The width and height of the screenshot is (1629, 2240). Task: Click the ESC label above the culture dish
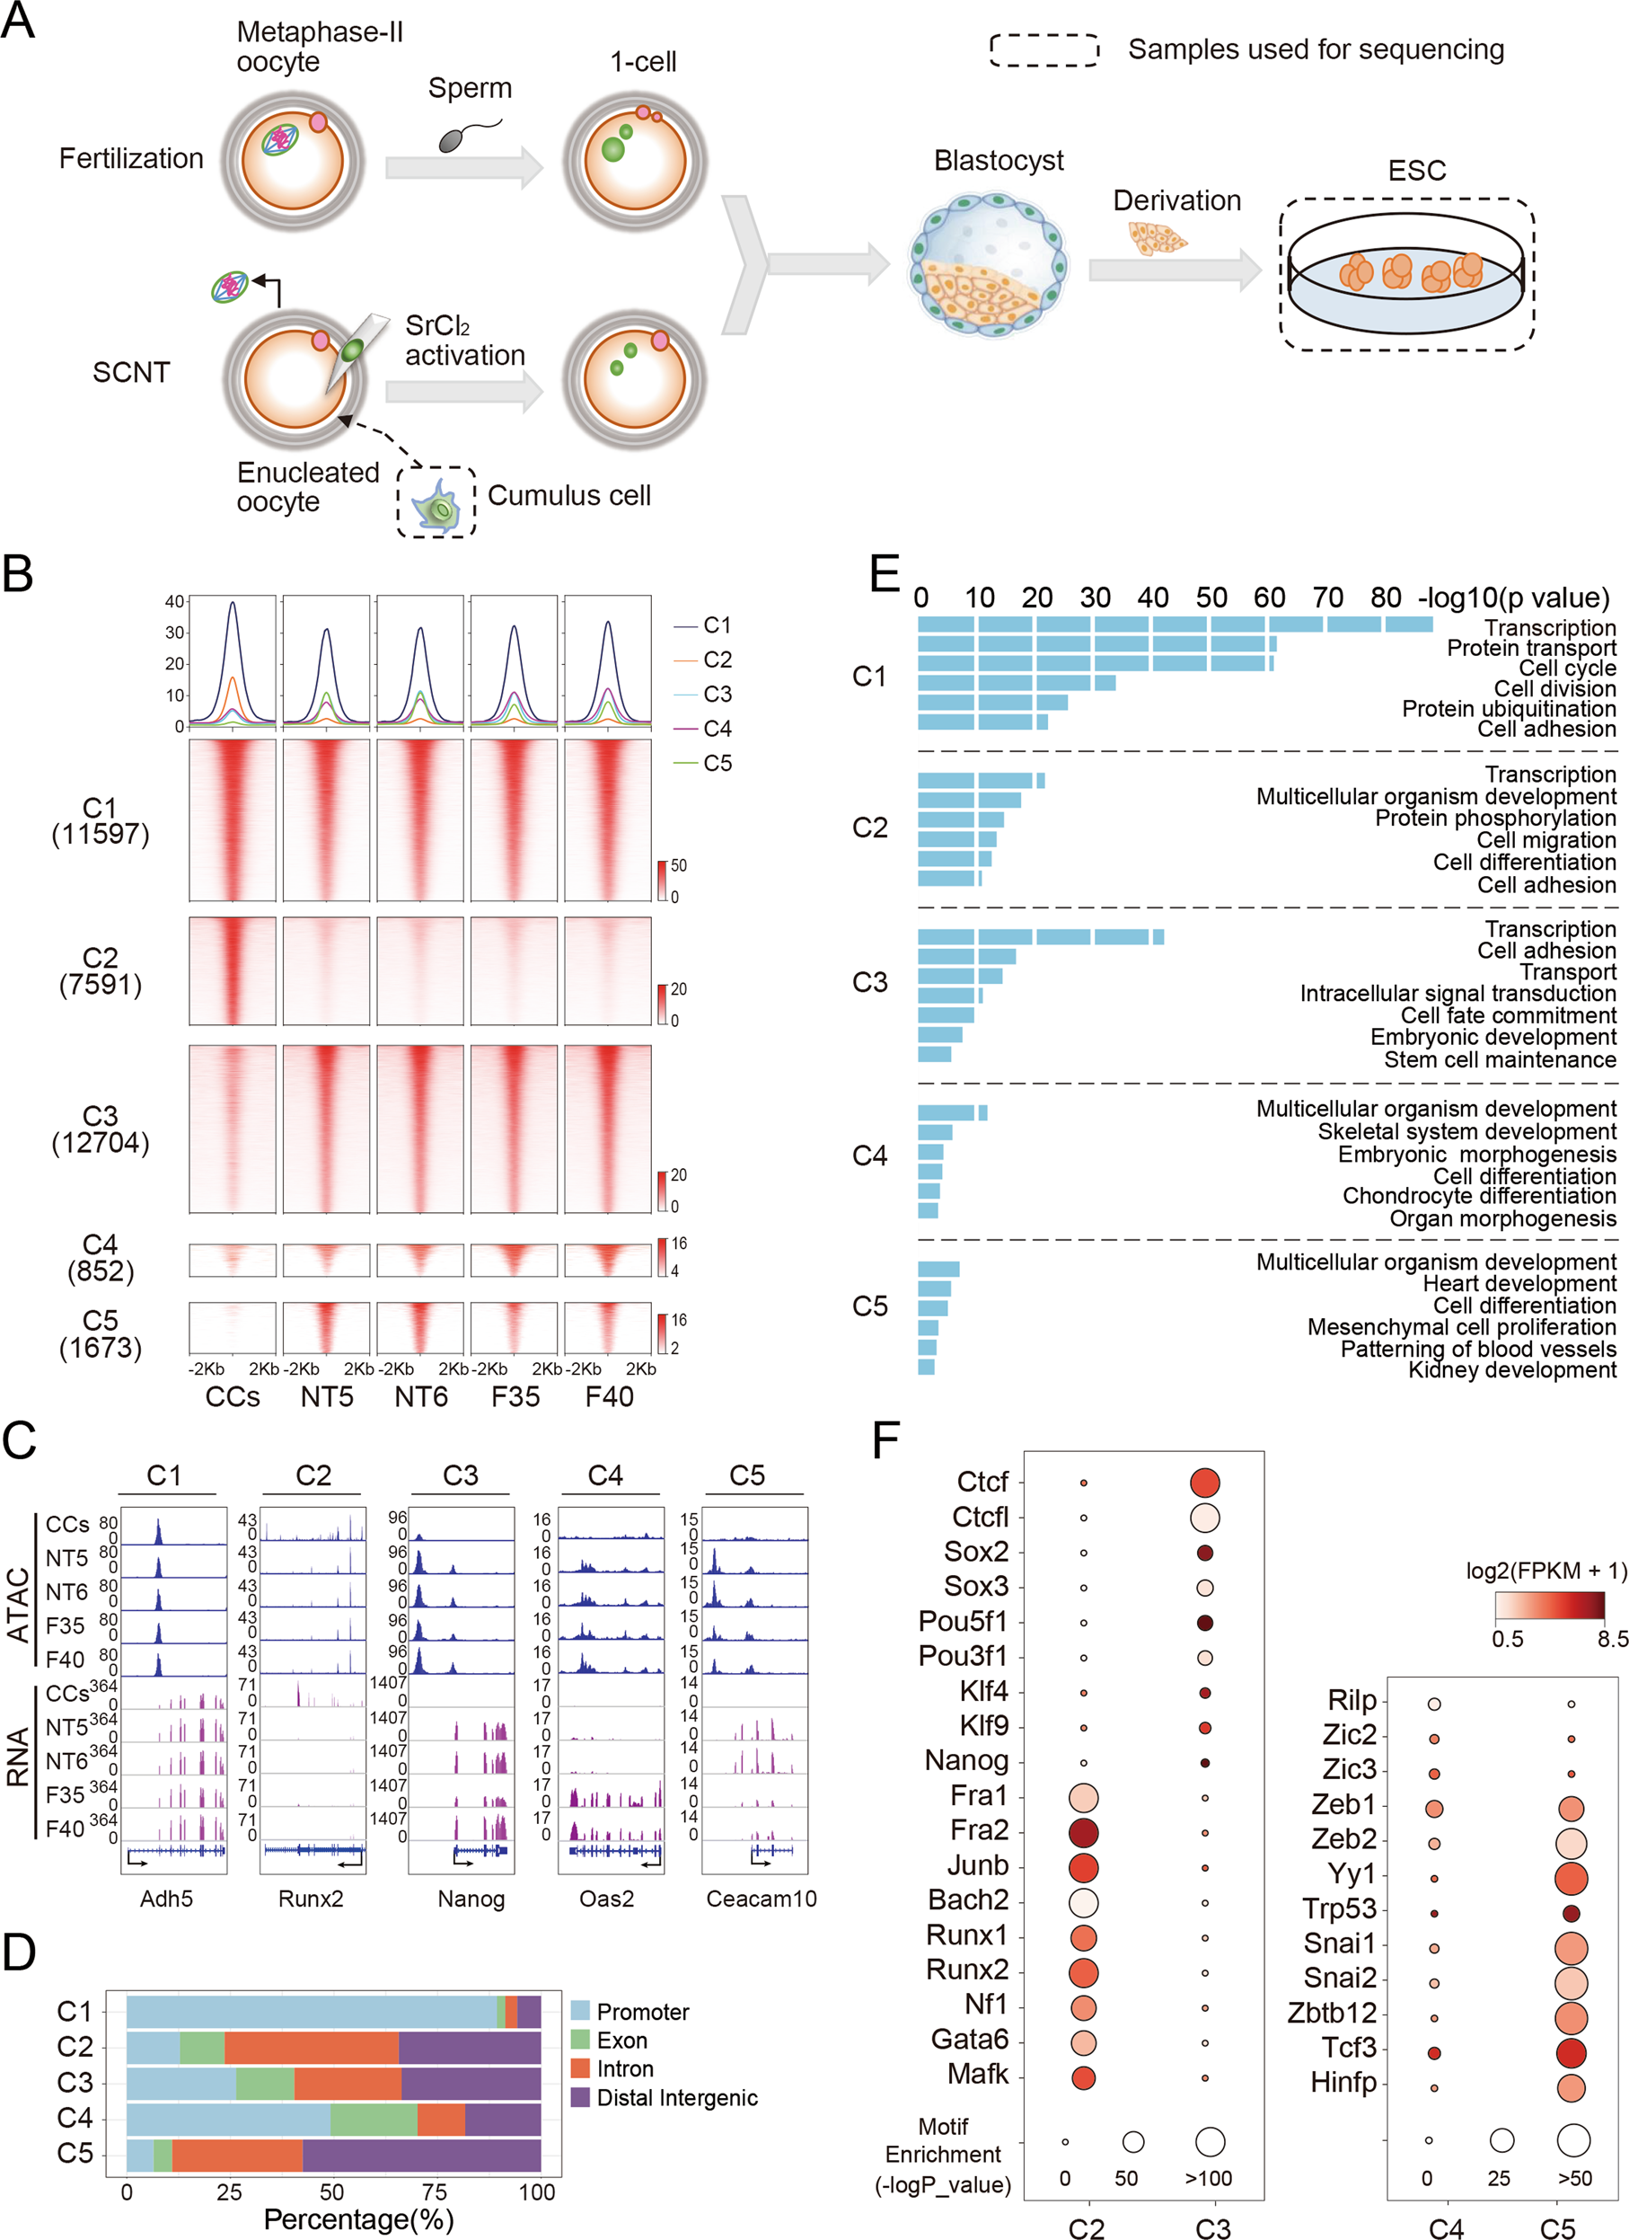pos(1416,171)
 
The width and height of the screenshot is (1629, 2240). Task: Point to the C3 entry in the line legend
pos(717,695)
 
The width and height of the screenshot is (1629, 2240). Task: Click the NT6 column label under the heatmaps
pos(420,1396)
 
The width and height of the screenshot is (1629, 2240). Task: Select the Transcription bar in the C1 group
pos(1174,624)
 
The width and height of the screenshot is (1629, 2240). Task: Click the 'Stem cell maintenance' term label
pos(1499,1059)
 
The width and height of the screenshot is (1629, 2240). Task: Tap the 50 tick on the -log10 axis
pos(1211,598)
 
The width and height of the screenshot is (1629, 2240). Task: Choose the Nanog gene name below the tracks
pos(471,1899)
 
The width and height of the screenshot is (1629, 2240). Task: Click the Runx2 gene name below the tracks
pos(311,1899)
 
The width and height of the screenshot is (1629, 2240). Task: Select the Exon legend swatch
pos(580,2041)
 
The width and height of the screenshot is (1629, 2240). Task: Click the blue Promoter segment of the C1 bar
pos(311,2012)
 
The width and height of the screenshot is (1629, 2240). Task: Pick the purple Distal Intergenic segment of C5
pos(421,2154)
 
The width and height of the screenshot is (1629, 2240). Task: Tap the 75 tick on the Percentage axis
pos(435,2192)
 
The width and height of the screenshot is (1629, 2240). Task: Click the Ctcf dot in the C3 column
pos(1205,1483)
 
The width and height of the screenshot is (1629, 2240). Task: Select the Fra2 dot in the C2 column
pos(1083,1833)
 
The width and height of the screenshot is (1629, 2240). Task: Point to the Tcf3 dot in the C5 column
pos(1571,2052)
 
